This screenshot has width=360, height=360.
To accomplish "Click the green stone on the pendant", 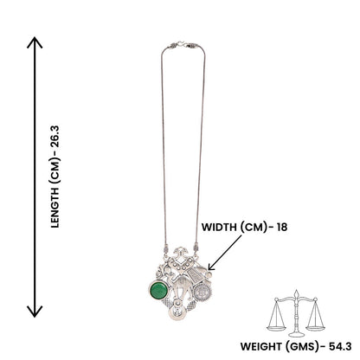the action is (x=158, y=290).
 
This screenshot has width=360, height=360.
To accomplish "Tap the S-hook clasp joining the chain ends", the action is (x=182, y=45).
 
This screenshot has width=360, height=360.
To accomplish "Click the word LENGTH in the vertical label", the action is (x=55, y=207).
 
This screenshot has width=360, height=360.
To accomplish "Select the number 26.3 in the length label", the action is (x=55, y=137).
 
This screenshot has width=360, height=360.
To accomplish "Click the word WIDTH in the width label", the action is (x=219, y=228).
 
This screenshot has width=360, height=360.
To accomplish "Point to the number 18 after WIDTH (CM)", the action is (x=282, y=228).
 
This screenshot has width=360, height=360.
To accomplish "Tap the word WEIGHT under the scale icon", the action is (x=261, y=346).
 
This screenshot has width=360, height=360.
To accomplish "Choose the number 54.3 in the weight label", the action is (x=340, y=346).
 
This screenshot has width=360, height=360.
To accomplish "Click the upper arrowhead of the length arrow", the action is (x=35, y=42).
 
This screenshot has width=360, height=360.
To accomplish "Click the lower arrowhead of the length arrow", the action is (x=35, y=312).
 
